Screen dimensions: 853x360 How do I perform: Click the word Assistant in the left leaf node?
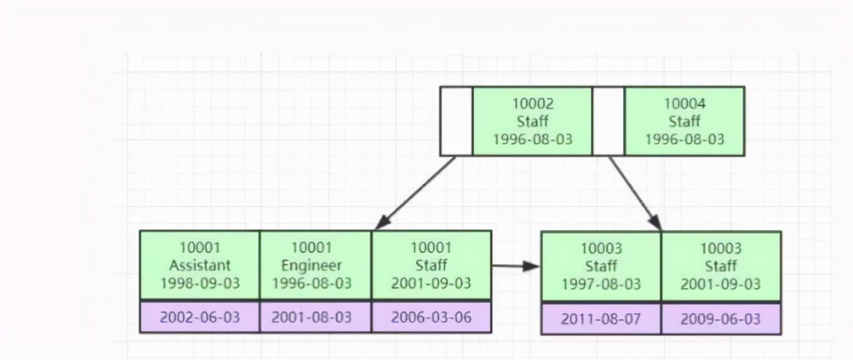tap(200, 266)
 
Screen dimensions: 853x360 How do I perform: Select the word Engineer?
tap(312, 266)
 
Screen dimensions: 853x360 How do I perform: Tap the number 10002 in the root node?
tap(533, 104)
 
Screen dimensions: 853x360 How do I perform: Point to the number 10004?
tap(684, 104)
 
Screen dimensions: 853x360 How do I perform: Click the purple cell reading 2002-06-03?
tap(200, 317)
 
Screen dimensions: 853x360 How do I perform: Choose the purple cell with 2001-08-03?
tap(312, 317)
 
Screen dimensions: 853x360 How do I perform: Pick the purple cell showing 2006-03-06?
tap(431, 317)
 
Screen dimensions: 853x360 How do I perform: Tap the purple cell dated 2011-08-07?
tap(601, 319)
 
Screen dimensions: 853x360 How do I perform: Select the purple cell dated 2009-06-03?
tap(720, 319)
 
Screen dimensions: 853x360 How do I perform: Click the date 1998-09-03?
tap(200, 284)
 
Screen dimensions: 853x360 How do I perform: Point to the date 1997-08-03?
tap(601, 284)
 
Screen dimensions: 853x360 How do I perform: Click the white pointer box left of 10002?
tap(456, 121)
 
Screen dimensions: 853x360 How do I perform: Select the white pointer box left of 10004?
tap(608, 121)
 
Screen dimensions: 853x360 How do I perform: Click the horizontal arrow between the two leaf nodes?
tap(515, 266)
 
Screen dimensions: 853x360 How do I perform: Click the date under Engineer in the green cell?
tap(312, 284)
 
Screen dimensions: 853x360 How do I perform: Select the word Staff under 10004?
tap(684, 121)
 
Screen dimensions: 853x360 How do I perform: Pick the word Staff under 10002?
tap(533, 121)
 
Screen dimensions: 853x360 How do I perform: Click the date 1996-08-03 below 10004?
tap(684, 139)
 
